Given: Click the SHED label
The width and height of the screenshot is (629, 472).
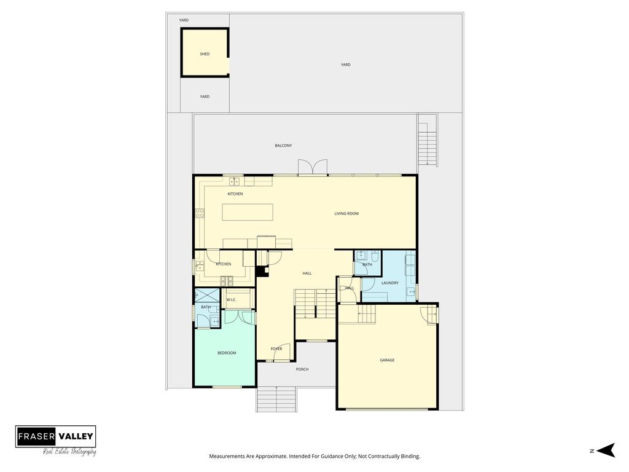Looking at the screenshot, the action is (205, 54).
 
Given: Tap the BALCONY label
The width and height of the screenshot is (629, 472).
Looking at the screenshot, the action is (283, 145).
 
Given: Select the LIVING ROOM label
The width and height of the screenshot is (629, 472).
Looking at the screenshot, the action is (346, 213).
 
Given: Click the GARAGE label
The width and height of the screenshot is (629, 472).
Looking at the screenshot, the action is (387, 360).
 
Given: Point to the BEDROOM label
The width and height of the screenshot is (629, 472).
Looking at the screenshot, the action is (227, 353).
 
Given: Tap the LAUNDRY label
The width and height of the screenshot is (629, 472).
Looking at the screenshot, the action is (390, 283).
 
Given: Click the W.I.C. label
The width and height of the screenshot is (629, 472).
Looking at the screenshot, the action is (232, 300).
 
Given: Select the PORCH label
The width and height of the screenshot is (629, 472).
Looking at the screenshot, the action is (302, 369).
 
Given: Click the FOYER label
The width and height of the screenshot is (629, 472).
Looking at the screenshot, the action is (276, 349).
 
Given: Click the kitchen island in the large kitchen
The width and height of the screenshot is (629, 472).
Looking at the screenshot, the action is (248, 212).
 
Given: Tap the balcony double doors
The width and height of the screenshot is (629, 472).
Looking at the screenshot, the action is (313, 167).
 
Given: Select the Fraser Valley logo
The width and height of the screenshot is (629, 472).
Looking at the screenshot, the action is (56, 440).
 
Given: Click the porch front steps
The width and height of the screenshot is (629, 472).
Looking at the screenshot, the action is (276, 399).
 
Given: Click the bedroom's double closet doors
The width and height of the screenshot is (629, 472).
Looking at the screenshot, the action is (240, 317).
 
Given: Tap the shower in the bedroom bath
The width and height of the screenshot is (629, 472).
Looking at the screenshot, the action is (208, 296).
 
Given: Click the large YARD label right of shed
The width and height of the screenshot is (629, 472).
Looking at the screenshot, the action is (345, 65).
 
